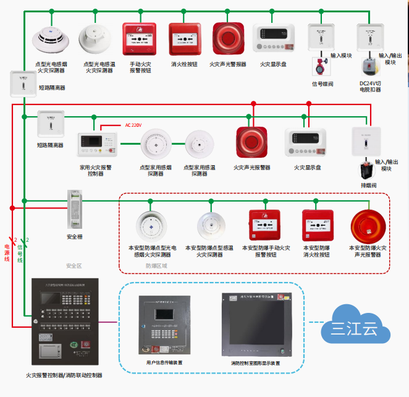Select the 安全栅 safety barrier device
[75, 210]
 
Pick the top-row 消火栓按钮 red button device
[184, 40]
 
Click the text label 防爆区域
[156, 266]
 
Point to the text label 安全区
[74, 266]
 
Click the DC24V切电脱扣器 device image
[369, 68]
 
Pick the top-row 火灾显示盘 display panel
[273, 40]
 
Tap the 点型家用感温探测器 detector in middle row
[199, 147]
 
